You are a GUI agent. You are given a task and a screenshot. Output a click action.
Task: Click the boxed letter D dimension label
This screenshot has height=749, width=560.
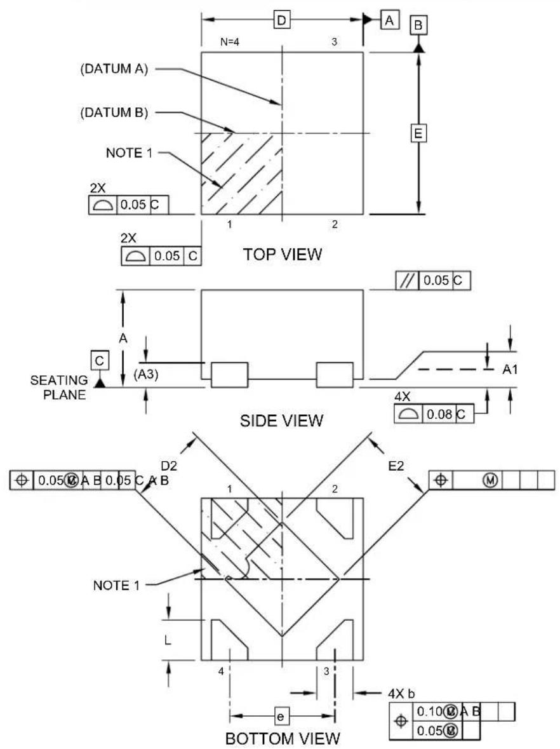coord(282,20)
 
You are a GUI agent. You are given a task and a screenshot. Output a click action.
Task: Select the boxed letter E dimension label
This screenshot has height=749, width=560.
coord(418,133)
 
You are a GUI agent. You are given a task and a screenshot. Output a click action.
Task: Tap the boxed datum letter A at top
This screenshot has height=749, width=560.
coord(390,20)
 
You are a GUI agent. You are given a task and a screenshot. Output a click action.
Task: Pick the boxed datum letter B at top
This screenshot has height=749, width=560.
coord(418,25)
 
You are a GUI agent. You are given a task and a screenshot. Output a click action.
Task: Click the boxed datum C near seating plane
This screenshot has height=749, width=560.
coord(100,361)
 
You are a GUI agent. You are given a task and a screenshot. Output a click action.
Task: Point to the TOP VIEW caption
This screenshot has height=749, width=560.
coord(283,254)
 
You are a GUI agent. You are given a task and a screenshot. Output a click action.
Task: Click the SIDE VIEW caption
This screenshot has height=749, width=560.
coord(282,421)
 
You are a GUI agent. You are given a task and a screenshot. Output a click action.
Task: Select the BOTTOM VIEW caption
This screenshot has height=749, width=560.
coord(283,738)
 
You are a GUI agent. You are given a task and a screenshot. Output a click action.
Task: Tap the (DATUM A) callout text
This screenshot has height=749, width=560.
coord(114,69)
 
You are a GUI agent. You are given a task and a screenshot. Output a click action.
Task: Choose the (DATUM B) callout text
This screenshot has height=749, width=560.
coord(114,112)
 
